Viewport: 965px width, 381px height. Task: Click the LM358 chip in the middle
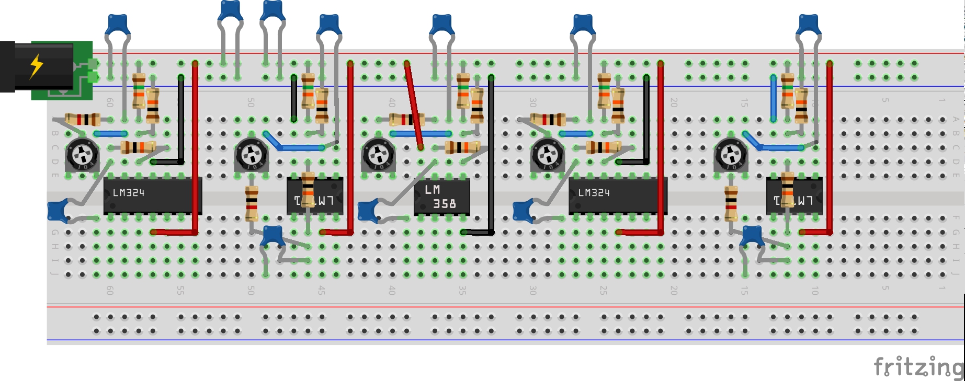click(441, 197)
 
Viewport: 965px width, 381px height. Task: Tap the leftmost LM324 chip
click(152, 195)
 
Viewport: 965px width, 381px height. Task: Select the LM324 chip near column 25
click(617, 195)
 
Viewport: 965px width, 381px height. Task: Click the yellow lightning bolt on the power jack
click(36, 66)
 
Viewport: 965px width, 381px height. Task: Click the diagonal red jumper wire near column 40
click(414, 105)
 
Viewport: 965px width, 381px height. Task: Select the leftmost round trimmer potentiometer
click(82, 155)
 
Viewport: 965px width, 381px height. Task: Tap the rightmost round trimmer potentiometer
click(731, 155)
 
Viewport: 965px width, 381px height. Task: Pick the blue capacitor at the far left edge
click(58, 210)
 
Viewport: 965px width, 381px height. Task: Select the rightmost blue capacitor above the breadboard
click(809, 25)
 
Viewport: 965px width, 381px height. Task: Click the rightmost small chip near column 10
click(794, 197)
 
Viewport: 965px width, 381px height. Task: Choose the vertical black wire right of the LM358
click(491, 154)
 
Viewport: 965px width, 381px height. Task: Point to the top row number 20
click(674, 102)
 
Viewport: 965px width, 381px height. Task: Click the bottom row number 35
click(462, 290)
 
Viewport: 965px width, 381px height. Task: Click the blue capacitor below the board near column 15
click(752, 236)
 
